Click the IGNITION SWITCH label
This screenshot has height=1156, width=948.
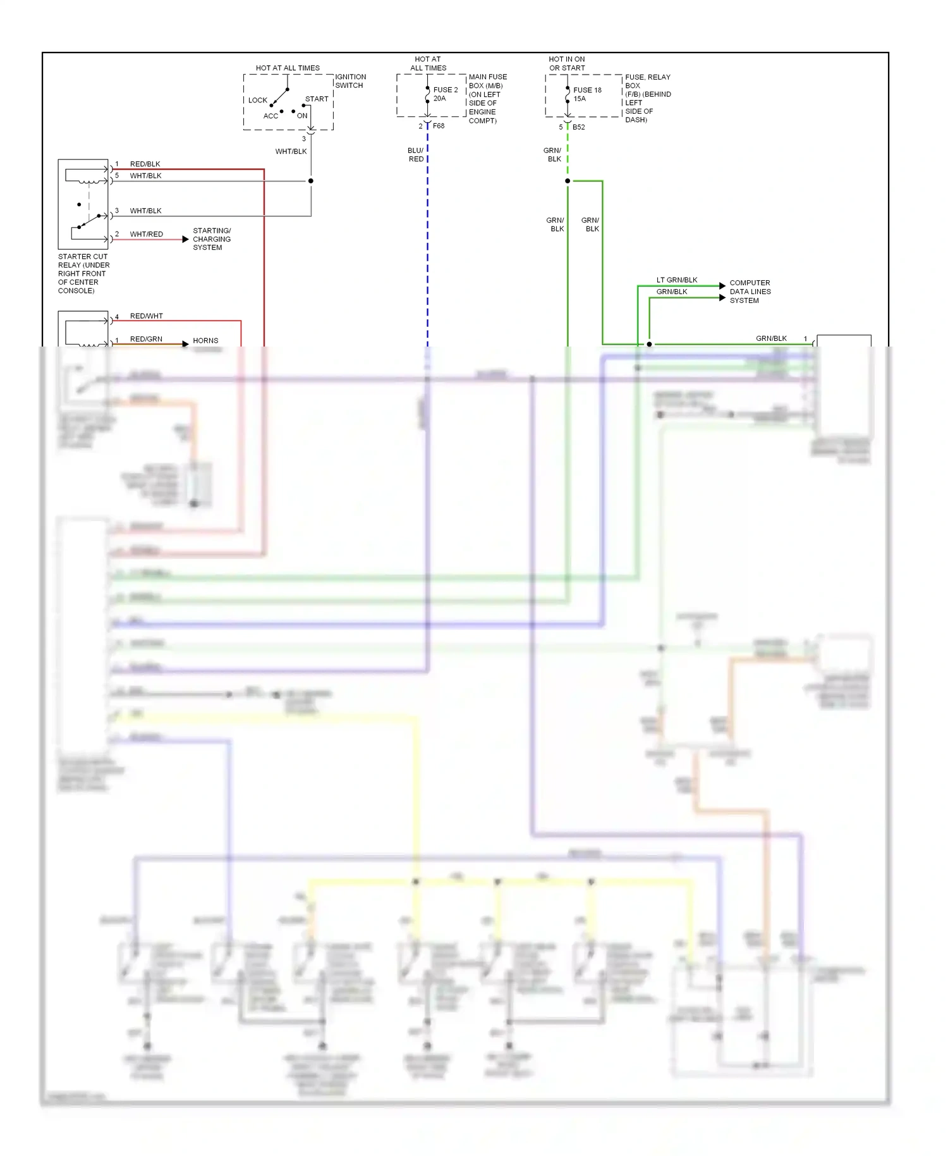pyautogui.click(x=350, y=81)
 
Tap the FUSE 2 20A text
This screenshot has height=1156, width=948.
pyautogui.click(x=445, y=94)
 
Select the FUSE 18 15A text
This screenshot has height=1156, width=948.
pyautogui.click(x=586, y=94)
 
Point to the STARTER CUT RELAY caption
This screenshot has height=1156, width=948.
pyautogui.click(x=83, y=273)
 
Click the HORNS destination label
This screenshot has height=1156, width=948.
pyautogui.click(x=205, y=340)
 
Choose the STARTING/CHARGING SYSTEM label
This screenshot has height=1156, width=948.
pyautogui.click(x=212, y=239)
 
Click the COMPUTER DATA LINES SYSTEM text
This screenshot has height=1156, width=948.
pyautogui.click(x=750, y=292)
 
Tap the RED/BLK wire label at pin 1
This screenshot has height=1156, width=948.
pyautogui.click(x=145, y=164)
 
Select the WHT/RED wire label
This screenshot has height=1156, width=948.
pyautogui.click(x=146, y=234)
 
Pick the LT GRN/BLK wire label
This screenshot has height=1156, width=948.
pyautogui.click(x=676, y=280)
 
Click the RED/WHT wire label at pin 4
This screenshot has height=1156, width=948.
pyautogui.click(x=146, y=316)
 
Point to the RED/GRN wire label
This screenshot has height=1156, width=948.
pyautogui.click(x=146, y=339)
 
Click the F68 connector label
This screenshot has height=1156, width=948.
pyautogui.click(x=439, y=126)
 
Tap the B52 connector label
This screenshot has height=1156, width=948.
pyautogui.click(x=578, y=127)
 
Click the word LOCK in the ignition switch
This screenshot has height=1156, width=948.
pyautogui.click(x=257, y=100)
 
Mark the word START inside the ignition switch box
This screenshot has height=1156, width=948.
pyautogui.click(x=317, y=99)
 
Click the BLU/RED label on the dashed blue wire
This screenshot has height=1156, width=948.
pyautogui.click(x=416, y=155)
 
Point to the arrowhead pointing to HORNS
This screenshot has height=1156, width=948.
pyautogui.click(x=185, y=344)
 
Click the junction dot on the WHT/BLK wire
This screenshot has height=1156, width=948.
pyautogui.click(x=310, y=181)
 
